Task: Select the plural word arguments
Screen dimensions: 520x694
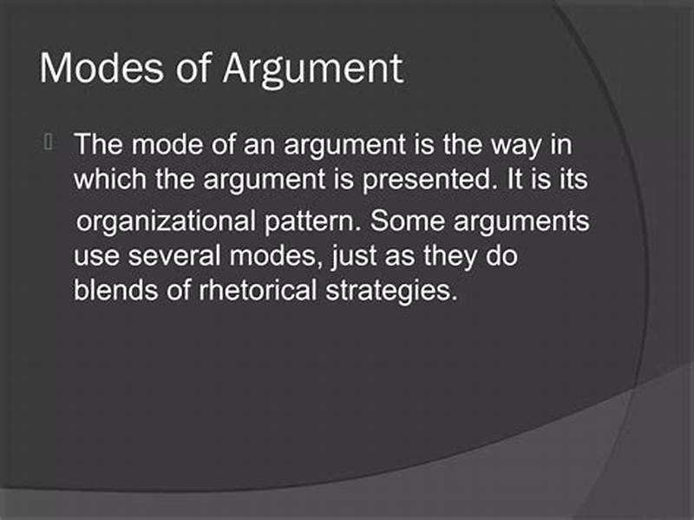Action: tap(528, 222)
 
